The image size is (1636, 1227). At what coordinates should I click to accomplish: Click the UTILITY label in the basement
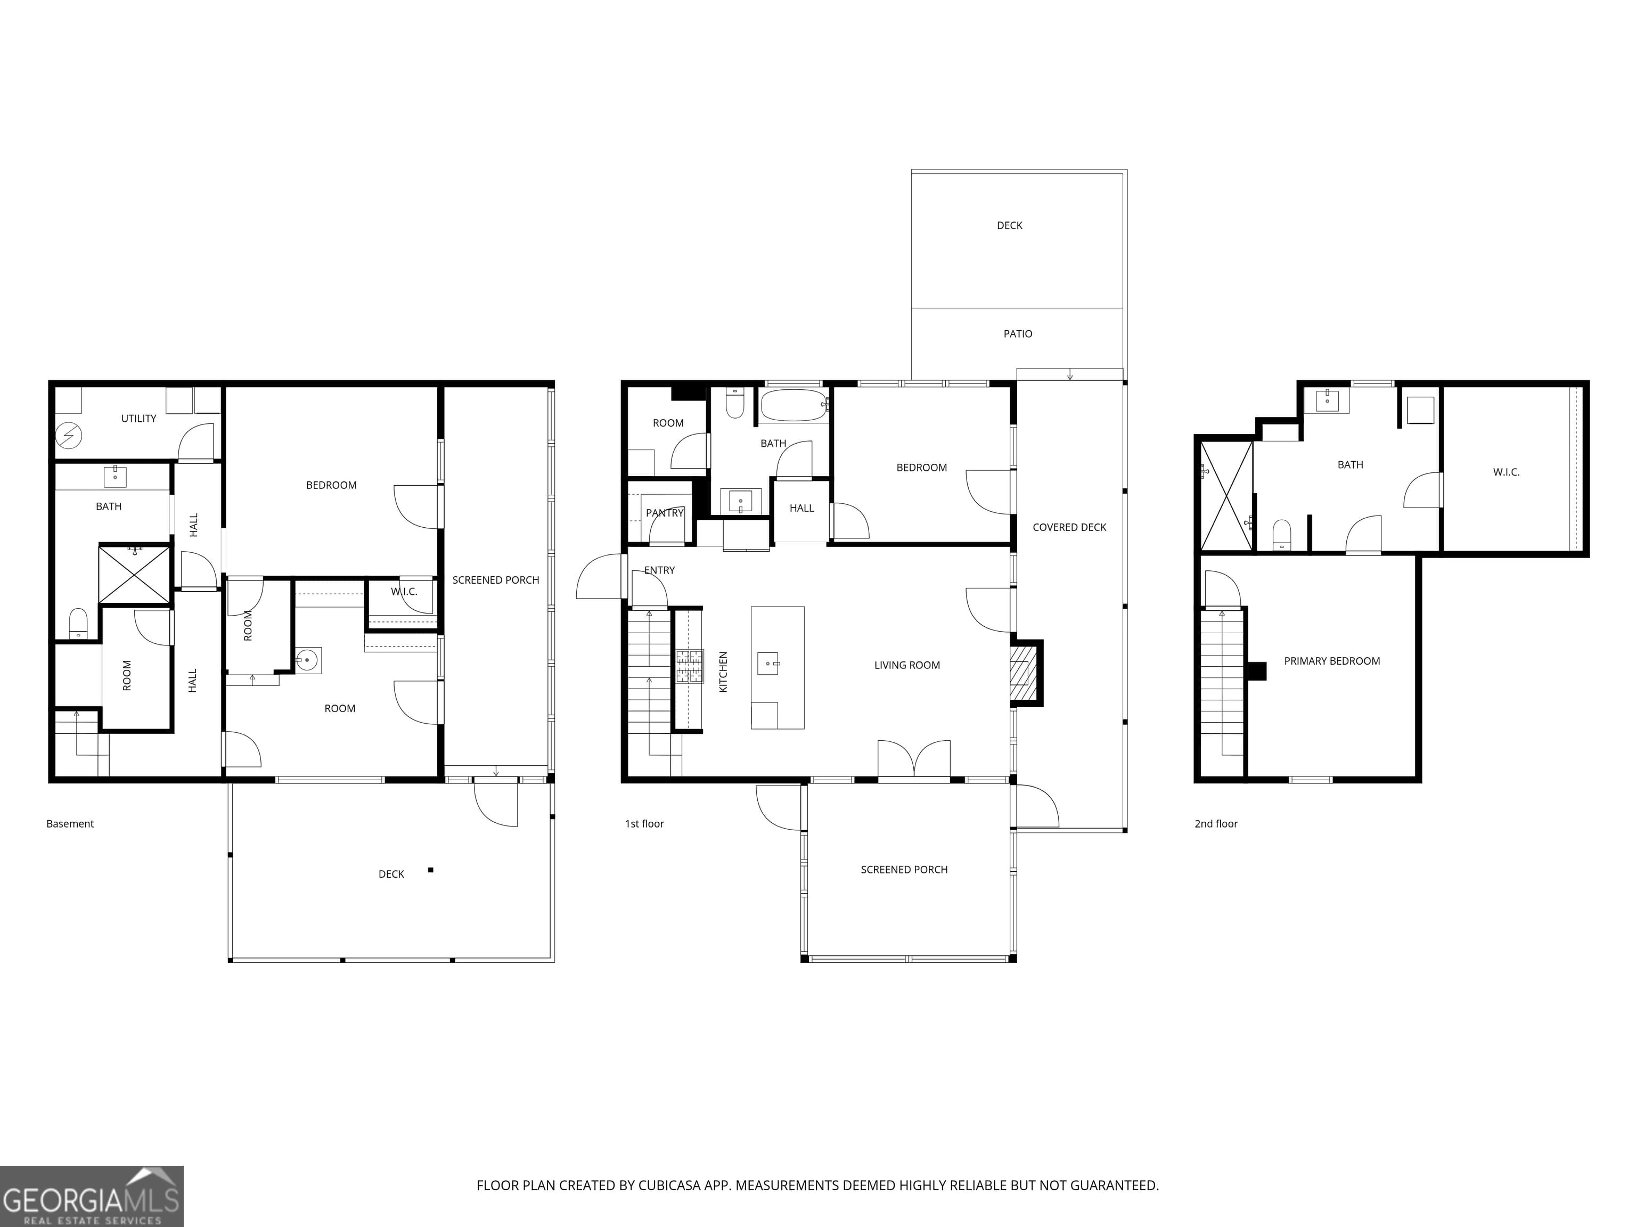138,419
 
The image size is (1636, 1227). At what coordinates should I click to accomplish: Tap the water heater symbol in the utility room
69,436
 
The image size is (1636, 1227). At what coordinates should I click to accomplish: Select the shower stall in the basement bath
135,574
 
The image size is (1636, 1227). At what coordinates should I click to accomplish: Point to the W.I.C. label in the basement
404,592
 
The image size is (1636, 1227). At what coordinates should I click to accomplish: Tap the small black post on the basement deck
430,870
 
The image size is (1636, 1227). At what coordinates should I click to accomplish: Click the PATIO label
1018,333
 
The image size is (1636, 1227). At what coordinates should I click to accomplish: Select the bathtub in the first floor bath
794,405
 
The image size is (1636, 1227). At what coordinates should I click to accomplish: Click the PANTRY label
664,512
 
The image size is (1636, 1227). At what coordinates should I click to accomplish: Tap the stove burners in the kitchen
689,666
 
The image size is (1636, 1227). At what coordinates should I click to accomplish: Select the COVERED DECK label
1069,527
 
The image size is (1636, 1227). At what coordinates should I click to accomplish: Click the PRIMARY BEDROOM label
1331,661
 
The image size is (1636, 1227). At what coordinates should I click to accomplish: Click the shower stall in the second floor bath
1225,495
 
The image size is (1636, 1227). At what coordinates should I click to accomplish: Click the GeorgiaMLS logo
91,1196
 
